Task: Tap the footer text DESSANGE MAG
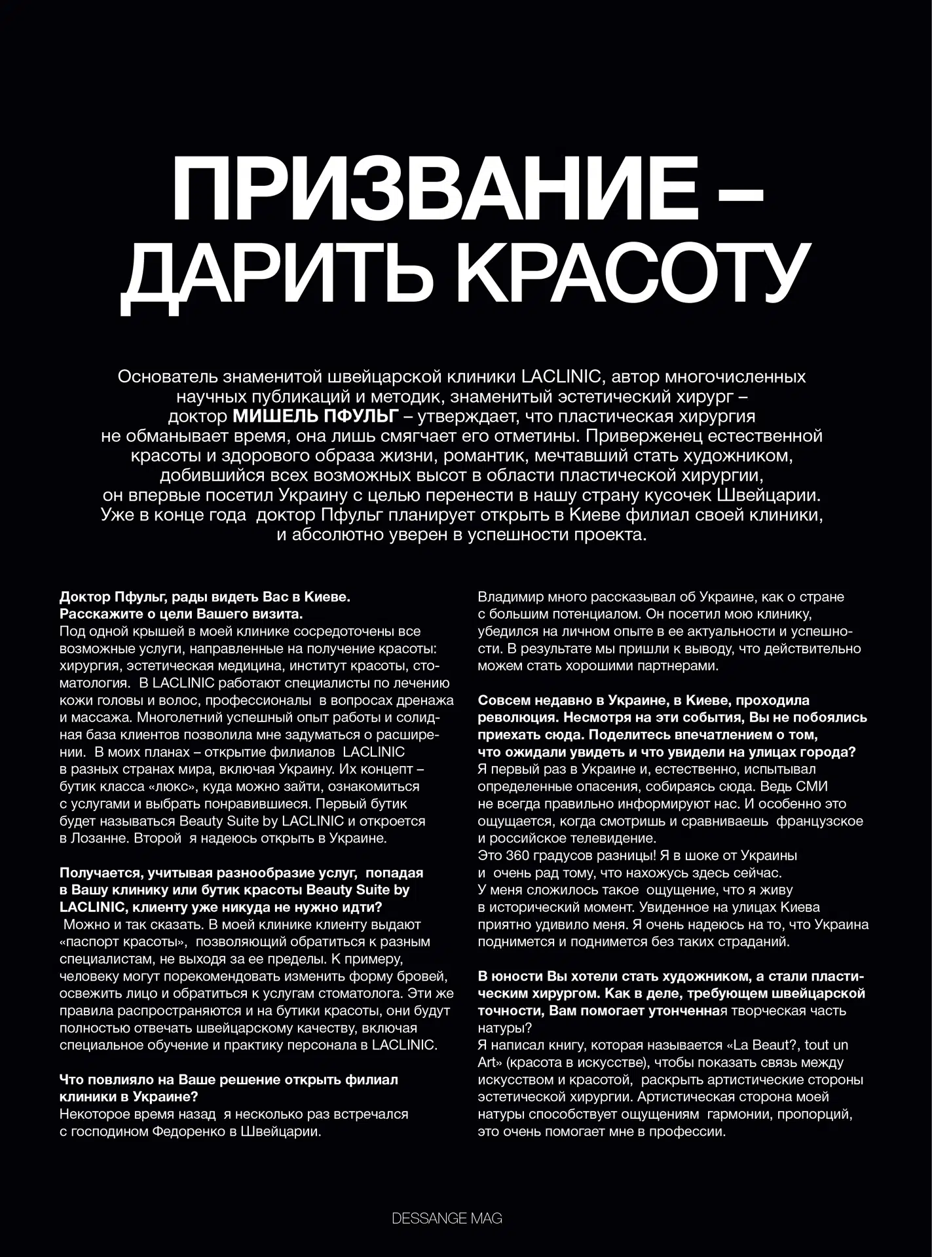[447, 1218]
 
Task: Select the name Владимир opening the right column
[508, 597]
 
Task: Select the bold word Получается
[101, 873]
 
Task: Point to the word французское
[819, 821]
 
